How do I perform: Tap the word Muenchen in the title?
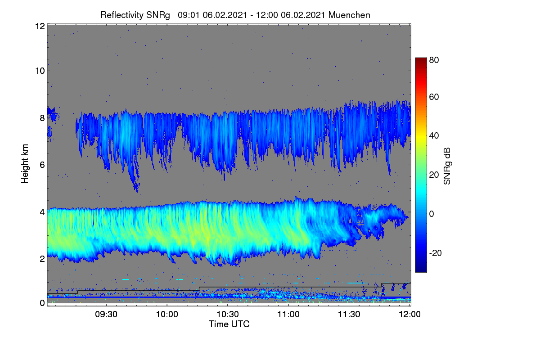(x=349, y=15)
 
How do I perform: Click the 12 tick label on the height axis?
(x=40, y=26)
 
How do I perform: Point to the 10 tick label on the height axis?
(x=40, y=71)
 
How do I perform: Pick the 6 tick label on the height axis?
(x=42, y=165)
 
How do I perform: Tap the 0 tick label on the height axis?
(x=42, y=303)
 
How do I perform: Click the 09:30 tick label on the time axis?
(x=106, y=315)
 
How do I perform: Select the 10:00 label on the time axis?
(x=167, y=315)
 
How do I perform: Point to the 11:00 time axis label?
(x=288, y=315)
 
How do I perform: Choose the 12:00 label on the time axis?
(x=409, y=315)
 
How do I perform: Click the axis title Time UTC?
(x=229, y=324)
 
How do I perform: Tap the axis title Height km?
(x=25, y=164)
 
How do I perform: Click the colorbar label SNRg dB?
(x=447, y=166)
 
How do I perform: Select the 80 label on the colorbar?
(x=434, y=60)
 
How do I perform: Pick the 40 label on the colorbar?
(x=434, y=136)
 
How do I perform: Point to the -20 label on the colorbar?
(x=436, y=253)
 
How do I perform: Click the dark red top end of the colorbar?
(x=421, y=58)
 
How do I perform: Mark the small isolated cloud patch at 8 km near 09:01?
(x=53, y=115)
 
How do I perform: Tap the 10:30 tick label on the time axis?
(x=228, y=315)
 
